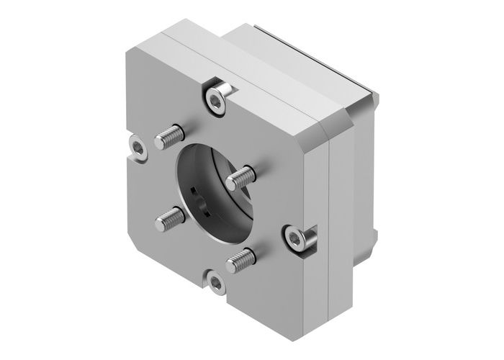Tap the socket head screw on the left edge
(136, 147)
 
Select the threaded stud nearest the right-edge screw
(240, 258)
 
